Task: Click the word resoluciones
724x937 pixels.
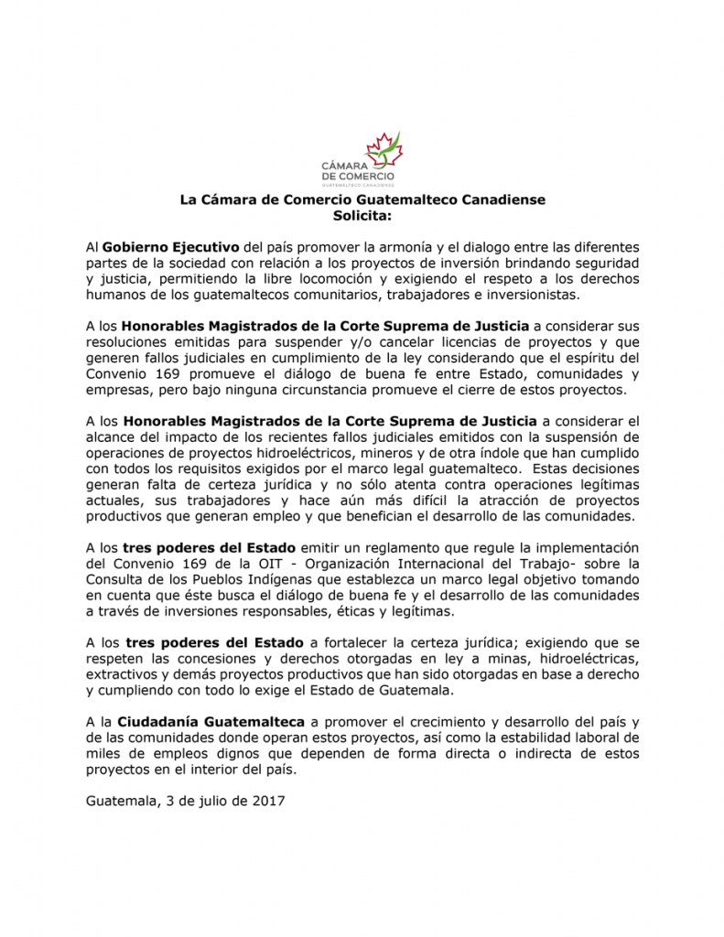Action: click(129, 342)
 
